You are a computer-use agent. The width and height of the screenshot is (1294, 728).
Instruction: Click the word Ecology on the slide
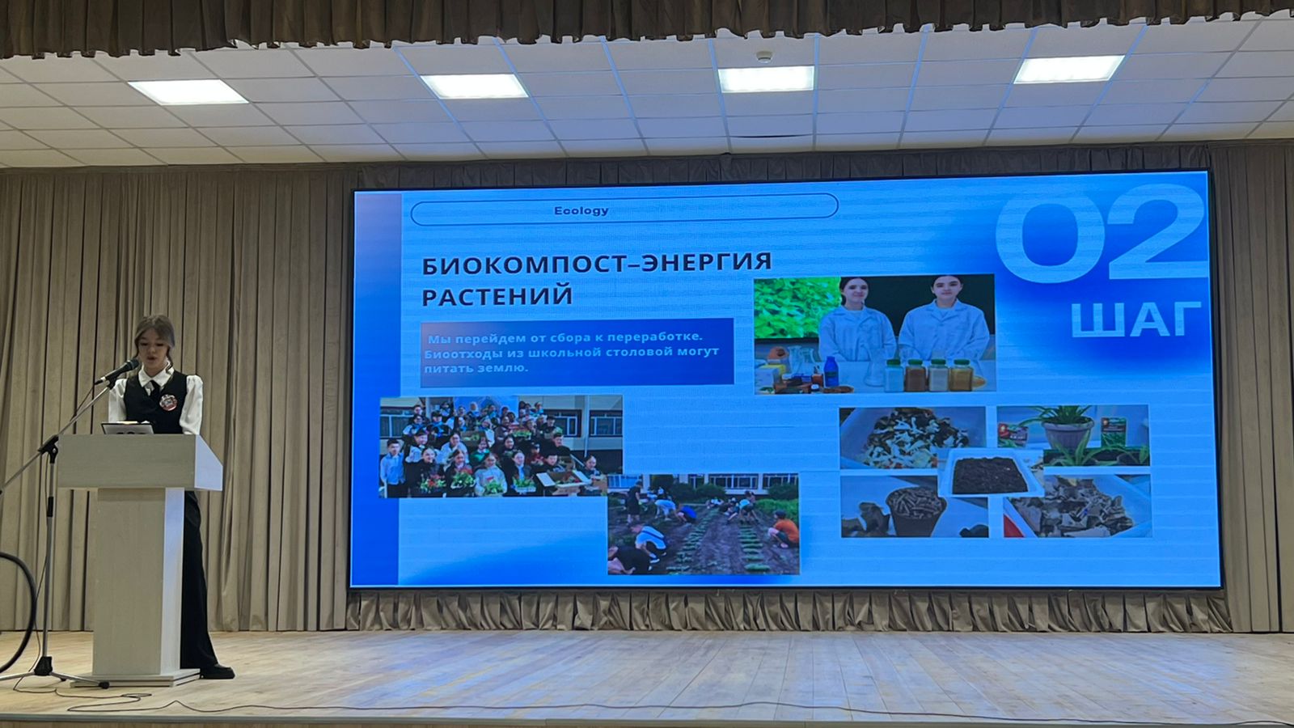[x=581, y=211]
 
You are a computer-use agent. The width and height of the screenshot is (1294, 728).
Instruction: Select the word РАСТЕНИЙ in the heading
[x=497, y=296]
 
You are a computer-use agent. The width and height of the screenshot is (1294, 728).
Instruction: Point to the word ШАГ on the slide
[x=1136, y=319]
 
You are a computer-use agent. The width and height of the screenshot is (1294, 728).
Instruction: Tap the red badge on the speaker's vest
[x=167, y=401]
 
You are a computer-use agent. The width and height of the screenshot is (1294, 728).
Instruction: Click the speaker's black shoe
[x=217, y=671]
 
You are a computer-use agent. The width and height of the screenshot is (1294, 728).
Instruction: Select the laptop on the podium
[x=127, y=428]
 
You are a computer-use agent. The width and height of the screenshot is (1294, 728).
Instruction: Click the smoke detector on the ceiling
[x=763, y=56]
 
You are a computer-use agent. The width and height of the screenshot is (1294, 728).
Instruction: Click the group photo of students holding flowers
[x=501, y=446]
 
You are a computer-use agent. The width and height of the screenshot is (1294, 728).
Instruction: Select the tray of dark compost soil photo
[x=989, y=475]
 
